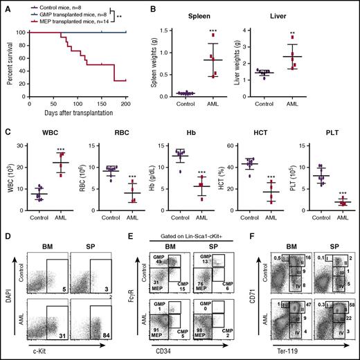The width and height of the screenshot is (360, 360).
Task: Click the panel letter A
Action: click(5, 5)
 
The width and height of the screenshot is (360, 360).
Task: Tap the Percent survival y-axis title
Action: click(8, 63)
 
